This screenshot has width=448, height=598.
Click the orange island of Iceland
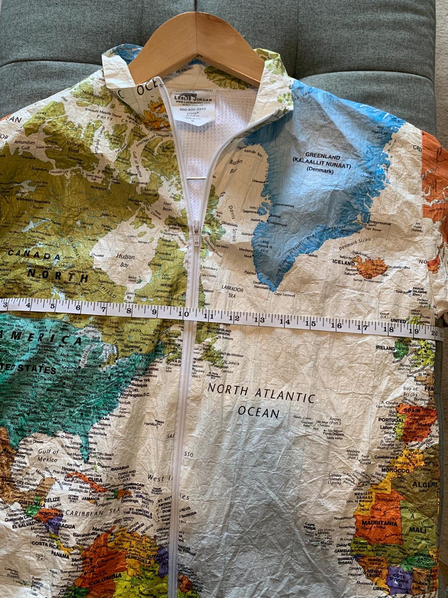click(370, 267)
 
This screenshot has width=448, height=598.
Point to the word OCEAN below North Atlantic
click(258, 412)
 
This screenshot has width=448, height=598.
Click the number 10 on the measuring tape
click(183, 313)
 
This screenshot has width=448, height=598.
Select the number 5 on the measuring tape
click(52, 307)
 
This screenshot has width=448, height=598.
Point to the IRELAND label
click(385, 348)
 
